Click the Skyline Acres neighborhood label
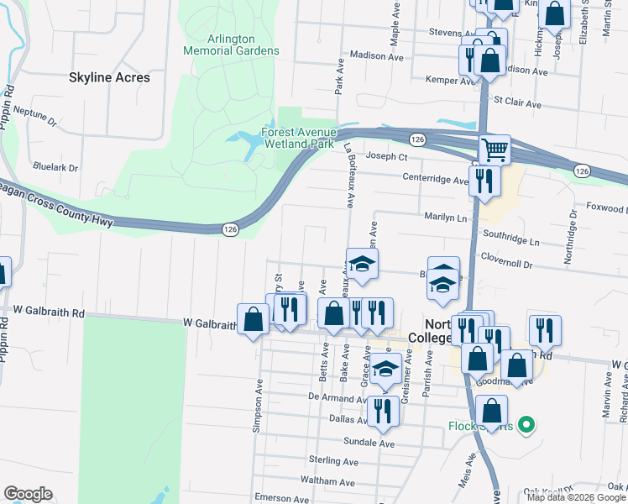tap(109, 77)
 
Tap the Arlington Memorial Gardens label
tap(232, 45)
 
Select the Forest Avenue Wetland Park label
tap(299, 139)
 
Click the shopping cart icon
tap(495, 150)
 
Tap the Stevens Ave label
tap(429, 33)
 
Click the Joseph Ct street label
tap(387, 157)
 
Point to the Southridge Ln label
tap(511, 242)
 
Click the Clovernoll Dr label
tap(505, 264)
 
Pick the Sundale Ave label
tap(369, 442)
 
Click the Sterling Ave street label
tap(333, 461)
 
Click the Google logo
tap(28, 494)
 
